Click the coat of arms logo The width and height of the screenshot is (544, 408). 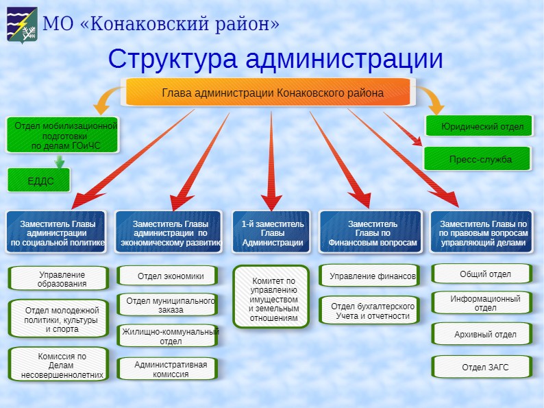pyautogui.click(x=23, y=25)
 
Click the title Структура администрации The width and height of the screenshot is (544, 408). pyautogui.click(x=275, y=59)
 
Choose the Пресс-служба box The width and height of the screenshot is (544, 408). pyautogui.click(x=478, y=160)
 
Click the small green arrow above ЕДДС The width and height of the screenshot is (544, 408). pyautogui.click(x=60, y=163)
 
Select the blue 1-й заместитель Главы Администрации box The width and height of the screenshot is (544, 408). pyautogui.click(x=272, y=233)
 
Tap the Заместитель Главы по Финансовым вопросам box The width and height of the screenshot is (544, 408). pyautogui.click(x=371, y=233)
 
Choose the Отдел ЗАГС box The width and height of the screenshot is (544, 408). pyautogui.click(x=482, y=368)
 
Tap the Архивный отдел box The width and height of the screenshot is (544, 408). pyautogui.click(x=482, y=335)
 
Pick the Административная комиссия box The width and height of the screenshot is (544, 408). pyautogui.click(x=169, y=369)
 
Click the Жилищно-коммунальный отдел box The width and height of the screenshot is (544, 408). pyautogui.click(x=169, y=337)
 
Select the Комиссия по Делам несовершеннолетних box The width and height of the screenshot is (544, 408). pyautogui.click(x=59, y=365)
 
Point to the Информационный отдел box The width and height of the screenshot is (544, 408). pyautogui.click(x=482, y=303)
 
